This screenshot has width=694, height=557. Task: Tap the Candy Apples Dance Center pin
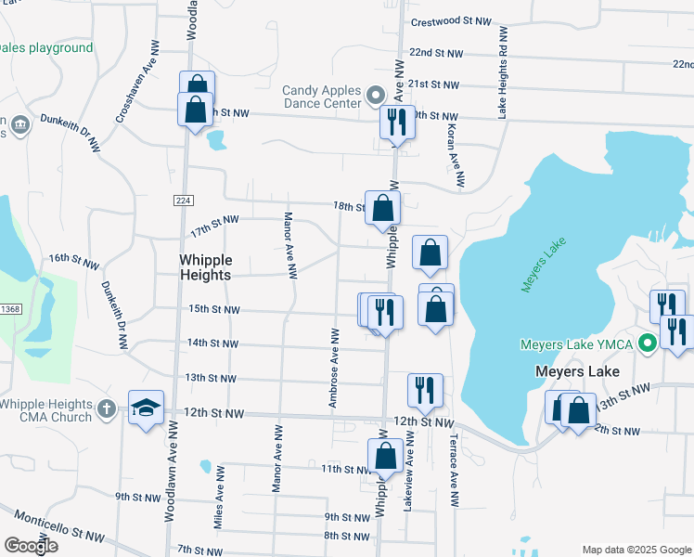[x=376, y=96]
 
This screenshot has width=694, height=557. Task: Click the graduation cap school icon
[x=146, y=408]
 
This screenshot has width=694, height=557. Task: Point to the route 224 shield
[x=182, y=201]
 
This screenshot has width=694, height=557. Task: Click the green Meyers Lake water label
[x=543, y=266]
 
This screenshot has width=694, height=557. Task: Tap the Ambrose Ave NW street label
[x=331, y=367]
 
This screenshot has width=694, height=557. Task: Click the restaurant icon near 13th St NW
[x=425, y=390]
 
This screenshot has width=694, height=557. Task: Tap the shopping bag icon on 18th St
[x=382, y=208]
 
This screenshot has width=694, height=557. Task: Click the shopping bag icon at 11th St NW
[x=385, y=457]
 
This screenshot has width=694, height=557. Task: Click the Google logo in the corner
[x=31, y=546]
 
